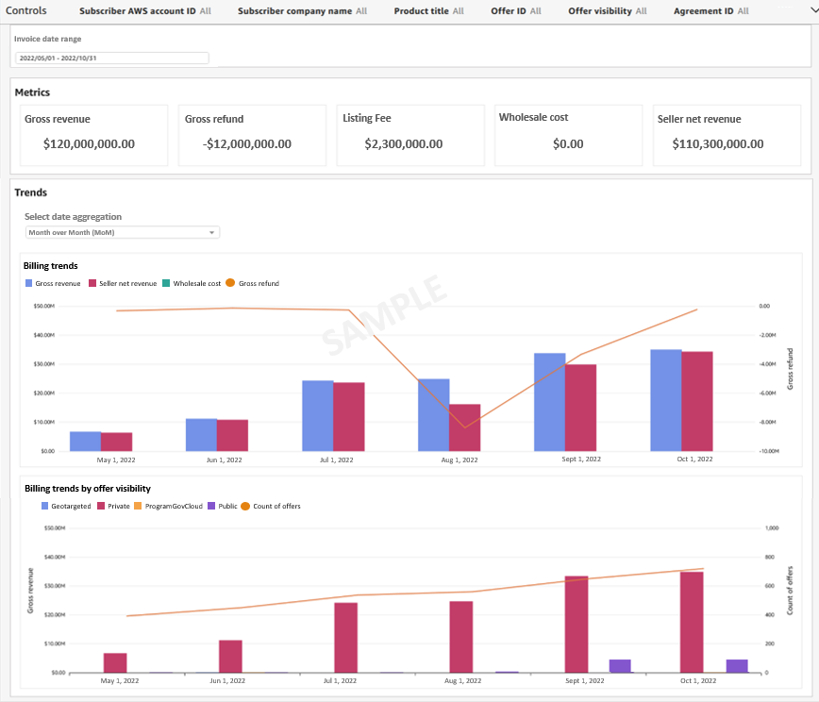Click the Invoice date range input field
[111, 58]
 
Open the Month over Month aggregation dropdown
[122, 232]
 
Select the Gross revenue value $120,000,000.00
[89, 144]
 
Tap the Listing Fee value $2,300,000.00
[403, 144]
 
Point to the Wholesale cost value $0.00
[568, 144]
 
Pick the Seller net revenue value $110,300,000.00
[717, 144]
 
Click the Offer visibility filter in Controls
[607, 11]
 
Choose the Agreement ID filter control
[710, 11]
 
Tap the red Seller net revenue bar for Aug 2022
[464, 427]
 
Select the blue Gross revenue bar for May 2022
[85, 441]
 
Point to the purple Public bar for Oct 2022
[736, 665]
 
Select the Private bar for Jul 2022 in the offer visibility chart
[346, 637]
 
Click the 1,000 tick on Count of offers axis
[771, 527]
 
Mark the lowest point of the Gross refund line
[464, 427]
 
